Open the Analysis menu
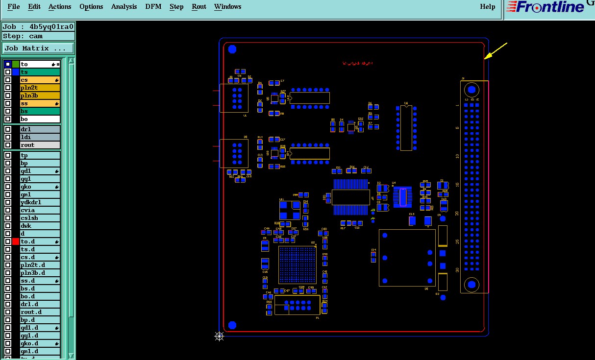coord(124,7)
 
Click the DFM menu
coord(153,7)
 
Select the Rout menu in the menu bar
coord(199,7)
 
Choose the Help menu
coord(488,7)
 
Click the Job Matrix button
coord(38,48)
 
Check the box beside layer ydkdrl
coord(8,202)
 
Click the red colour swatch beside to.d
coord(16,241)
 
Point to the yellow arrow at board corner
coord(495,51)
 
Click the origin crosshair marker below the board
coord(219,336)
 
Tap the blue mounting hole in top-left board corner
coord(232,49)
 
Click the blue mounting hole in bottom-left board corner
coord(232,325)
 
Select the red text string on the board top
coord(357,64)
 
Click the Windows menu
coord(227,7)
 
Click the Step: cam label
coord(23,36)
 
